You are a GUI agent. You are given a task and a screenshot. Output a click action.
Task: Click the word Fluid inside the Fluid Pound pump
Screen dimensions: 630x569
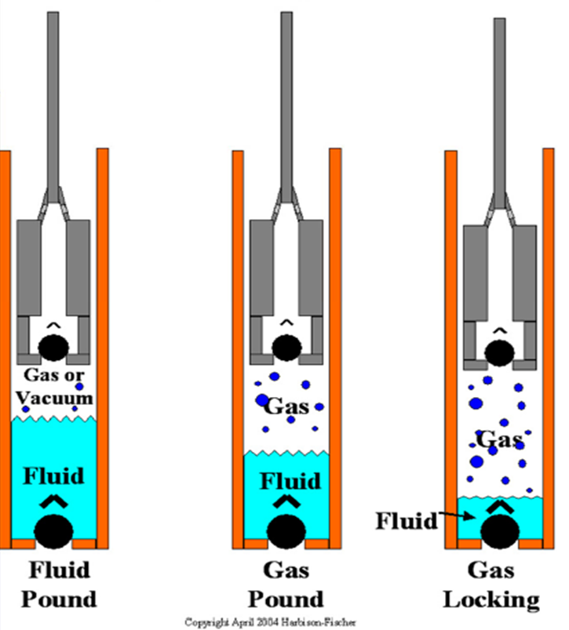point(53,476)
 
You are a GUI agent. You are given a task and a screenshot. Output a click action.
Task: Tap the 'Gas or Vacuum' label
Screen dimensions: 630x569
point(53,386)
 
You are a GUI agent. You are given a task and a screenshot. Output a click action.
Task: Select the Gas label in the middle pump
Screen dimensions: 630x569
point(286,406)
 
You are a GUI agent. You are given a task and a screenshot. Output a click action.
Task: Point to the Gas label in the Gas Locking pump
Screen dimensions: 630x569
point(500,440)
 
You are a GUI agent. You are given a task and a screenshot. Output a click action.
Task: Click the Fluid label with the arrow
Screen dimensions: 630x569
point(406,520)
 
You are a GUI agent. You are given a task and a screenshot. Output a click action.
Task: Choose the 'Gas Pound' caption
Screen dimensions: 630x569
point(286,584)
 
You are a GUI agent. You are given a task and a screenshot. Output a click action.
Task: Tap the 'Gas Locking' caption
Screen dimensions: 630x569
point(492,584)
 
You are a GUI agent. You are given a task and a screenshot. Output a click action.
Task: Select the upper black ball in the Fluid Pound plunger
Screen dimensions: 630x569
point(53,346)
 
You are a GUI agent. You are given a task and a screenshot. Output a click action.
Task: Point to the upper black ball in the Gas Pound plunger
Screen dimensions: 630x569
point(286,346)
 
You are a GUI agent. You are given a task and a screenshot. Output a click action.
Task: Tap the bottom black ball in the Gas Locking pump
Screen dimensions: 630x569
point(500,534)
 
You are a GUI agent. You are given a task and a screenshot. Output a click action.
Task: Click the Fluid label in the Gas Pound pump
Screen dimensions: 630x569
point(286,479)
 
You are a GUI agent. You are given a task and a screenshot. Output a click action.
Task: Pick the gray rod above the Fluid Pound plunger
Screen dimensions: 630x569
point(53,94)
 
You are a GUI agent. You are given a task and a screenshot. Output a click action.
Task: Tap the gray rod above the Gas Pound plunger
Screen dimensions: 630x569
point(286,94)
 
